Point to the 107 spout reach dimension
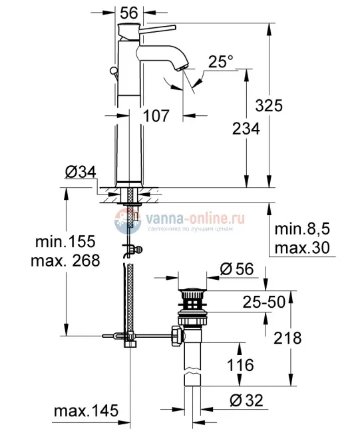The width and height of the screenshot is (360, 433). (162, 115)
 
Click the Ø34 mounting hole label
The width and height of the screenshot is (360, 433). (81, 173)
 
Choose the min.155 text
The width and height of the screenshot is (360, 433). (65, 241)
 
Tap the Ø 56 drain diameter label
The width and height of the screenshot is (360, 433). (235, 268)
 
